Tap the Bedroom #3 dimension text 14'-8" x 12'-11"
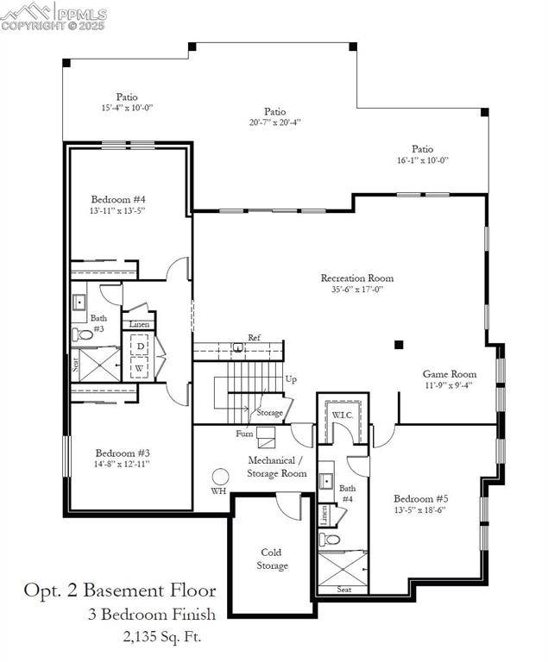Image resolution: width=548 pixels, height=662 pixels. (x=123, y=464)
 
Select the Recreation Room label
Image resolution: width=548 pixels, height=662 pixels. (x=357, y=278)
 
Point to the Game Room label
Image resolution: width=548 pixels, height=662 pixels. (x=449, y=374)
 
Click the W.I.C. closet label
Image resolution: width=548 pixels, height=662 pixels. (x=342, y=415)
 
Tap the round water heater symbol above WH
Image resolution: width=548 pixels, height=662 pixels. (x=221, y=476)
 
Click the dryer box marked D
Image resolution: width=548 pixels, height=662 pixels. (x=140, y=347)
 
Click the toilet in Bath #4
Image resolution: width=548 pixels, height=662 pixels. (x=329, y=540)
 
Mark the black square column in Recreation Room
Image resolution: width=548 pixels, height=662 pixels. (x=399, y=345)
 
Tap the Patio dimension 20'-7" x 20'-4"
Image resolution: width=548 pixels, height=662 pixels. (x=274, y=122)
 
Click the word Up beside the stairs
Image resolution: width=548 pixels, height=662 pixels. (x=291, y=379)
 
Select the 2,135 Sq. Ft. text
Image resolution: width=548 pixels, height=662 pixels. (x=163, y=637)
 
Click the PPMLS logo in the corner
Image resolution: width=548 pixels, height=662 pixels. (x=54, y=15)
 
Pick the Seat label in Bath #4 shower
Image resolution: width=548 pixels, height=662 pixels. (x=343, y=590)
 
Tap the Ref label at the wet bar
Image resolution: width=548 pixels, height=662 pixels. (x=255, y=337)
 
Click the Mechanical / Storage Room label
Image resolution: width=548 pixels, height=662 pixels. (x=277, y=466)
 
